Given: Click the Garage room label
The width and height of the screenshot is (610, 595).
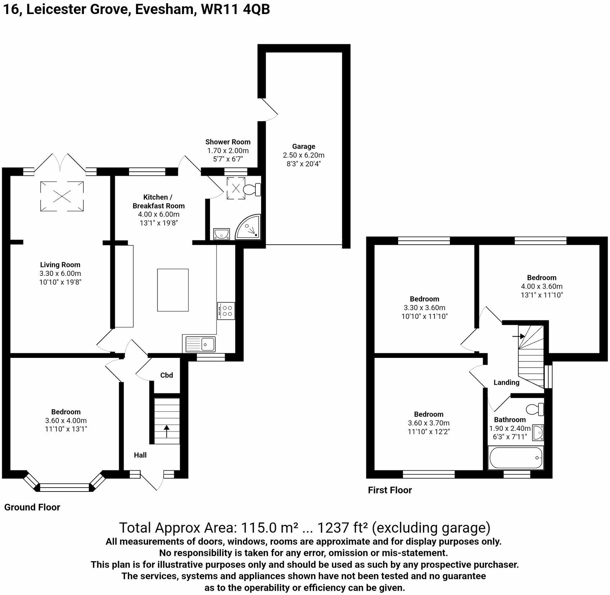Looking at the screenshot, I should tap(303, 146).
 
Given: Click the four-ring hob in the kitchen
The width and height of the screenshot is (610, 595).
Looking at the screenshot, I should tap(227, 311).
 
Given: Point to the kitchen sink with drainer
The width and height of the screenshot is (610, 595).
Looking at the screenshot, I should tap(201, 344).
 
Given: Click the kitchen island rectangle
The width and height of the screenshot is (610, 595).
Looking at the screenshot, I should tap(173, 290).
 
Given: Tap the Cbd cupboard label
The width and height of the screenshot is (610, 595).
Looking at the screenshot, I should tap(167, 375).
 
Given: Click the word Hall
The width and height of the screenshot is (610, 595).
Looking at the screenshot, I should tap(140, 455).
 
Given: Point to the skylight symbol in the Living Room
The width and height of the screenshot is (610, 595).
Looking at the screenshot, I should tap(62, 196).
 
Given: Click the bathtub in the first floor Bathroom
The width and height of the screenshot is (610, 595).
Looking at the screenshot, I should tap(516, 458).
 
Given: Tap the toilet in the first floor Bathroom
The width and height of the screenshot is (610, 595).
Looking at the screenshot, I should tap(535, 409).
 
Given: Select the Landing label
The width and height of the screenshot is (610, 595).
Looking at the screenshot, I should tap(506, 382).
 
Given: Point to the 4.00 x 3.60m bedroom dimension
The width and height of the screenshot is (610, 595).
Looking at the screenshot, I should tap(541, 286).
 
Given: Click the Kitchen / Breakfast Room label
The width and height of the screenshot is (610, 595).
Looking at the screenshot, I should tap(158, 201).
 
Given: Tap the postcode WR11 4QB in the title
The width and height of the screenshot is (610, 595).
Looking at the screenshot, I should tap(235, 9).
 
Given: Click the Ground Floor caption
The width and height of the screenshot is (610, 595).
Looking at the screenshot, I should tap(32, 507).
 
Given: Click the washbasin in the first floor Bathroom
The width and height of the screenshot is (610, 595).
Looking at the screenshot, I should tap(538, 432).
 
